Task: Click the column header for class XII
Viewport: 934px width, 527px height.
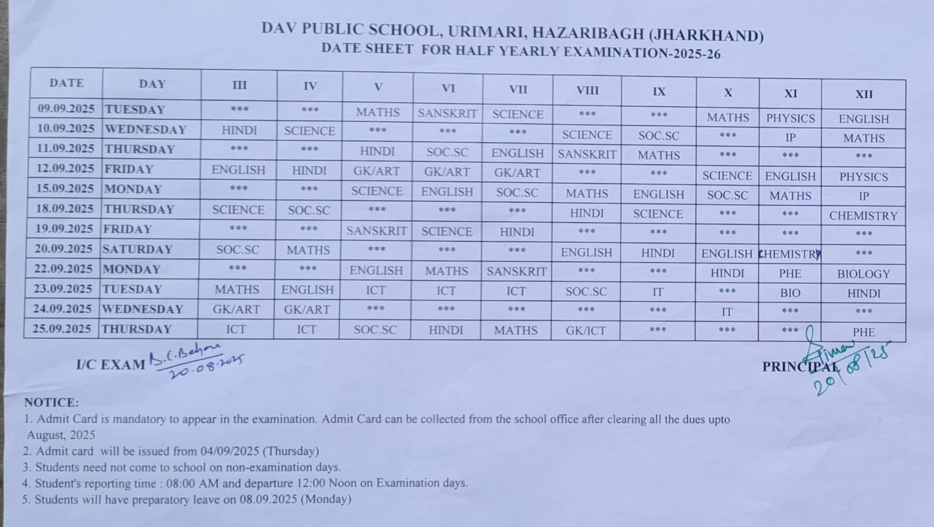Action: (864, 94)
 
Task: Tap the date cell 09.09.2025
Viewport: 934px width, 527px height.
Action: (66, 109)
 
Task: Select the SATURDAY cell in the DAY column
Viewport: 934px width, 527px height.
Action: (138, 249)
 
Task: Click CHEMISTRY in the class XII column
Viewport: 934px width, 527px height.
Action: (863, 216)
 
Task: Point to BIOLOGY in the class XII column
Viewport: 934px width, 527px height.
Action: (863, 274)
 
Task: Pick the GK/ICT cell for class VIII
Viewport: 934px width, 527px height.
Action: (586, 331)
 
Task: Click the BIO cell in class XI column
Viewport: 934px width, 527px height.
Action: (790, 293)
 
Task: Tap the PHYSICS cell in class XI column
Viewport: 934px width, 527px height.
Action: (790, 118)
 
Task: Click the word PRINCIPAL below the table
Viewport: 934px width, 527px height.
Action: (800, 367)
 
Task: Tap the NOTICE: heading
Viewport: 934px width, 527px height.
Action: (51, 403)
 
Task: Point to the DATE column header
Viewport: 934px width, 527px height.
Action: (67, 83)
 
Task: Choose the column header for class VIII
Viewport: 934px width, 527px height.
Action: (587, 90)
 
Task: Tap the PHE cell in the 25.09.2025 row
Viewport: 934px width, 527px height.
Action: (863, 332)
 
